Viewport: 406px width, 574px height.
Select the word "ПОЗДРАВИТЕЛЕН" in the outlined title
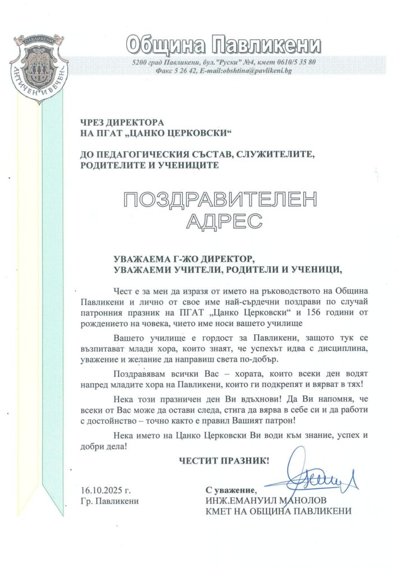(220, 200)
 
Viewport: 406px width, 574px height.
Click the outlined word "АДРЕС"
(223, 220)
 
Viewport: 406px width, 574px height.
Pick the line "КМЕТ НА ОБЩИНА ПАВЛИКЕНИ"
(279, 511)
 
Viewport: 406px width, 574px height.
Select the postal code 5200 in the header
(139, 62)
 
